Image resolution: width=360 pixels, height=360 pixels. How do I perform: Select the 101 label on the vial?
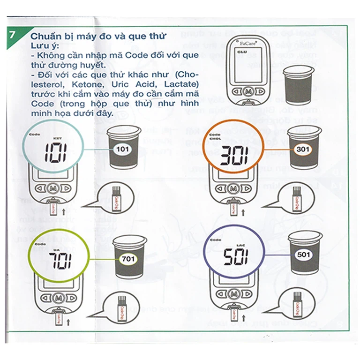(123, 150)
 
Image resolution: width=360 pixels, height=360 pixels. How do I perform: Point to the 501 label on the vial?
(304, 255)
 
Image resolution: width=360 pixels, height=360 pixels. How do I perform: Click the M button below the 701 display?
(58, 298)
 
